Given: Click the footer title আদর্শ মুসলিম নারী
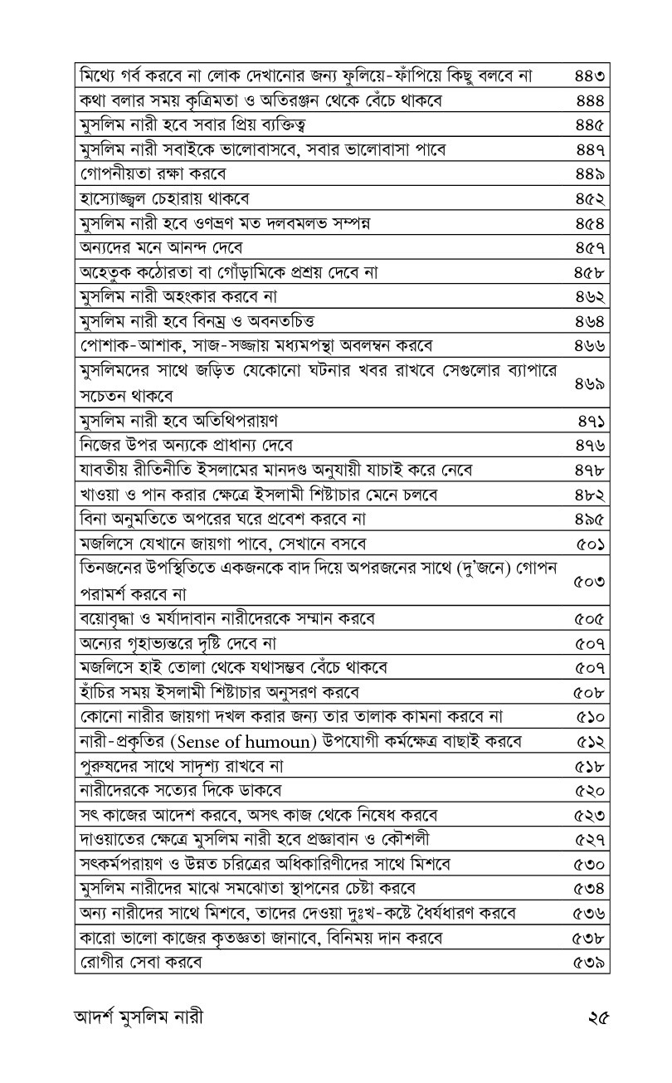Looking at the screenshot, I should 139,1016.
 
